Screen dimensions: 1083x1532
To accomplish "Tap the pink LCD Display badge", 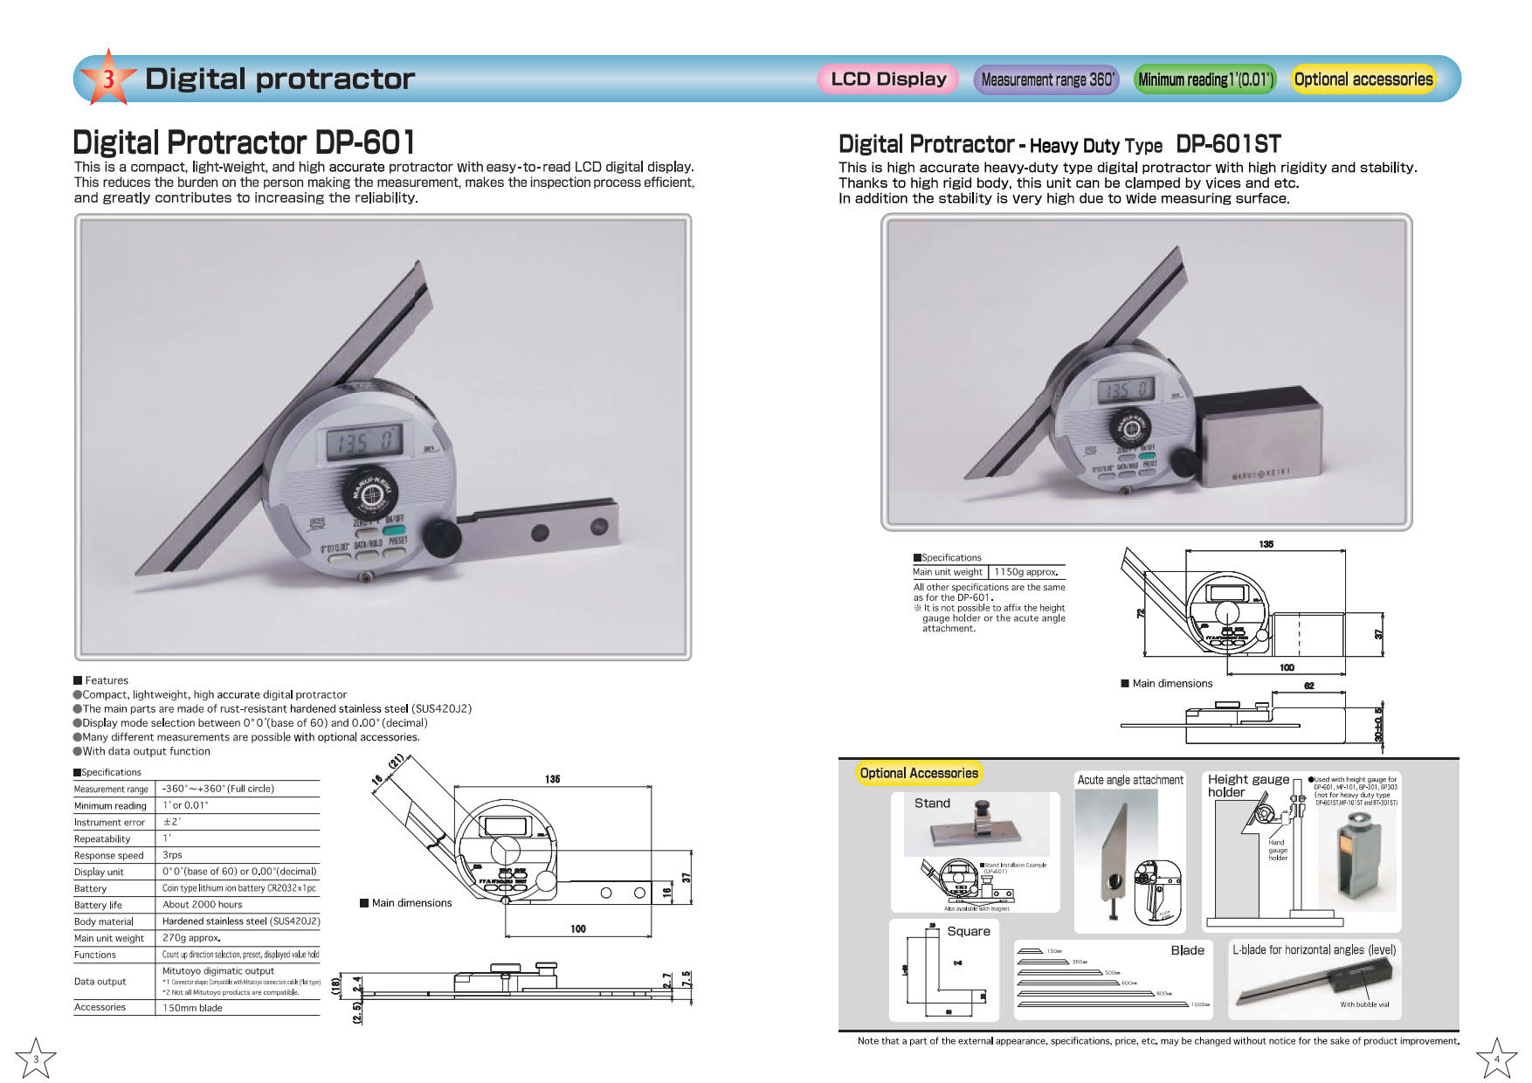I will pos(888,79).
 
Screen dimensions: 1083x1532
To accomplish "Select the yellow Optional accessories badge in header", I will pos(1363,79).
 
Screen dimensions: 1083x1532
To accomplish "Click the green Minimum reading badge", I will pos(1205,79).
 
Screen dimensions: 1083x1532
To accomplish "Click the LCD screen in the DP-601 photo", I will pos(364,444).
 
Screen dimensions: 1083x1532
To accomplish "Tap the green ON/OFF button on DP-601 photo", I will pos(394,528).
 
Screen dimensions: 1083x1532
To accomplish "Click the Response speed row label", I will pos(109,855).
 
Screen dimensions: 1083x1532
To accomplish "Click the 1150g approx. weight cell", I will pos(1026,572).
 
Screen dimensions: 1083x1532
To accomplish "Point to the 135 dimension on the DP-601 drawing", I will pos(552,779).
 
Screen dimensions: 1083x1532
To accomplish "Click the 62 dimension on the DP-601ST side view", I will pos(1308,686).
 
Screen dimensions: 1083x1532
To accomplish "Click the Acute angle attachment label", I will pos(1130,780).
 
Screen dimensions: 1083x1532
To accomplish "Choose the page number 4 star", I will pos(1496,1059).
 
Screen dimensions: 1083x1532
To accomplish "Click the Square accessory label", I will pos(969,931).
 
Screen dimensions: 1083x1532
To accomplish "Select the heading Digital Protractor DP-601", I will pos(244,142).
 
